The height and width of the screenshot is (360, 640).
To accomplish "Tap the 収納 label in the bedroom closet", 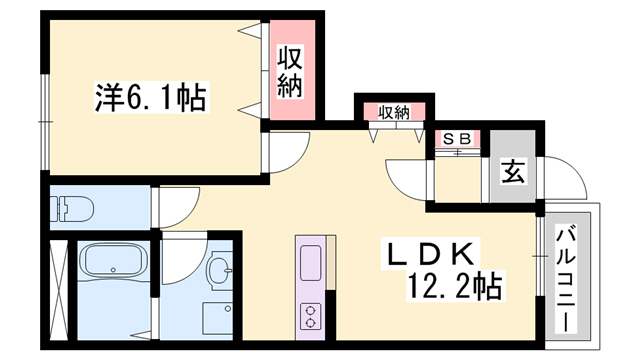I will pos(290,73).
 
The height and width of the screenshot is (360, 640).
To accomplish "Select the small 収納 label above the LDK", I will pos(394,112).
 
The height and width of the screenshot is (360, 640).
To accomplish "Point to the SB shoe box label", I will pos(456,138).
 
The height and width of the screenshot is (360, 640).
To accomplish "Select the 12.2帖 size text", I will pos(454,288).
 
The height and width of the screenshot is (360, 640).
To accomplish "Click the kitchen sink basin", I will pos(309,263).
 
